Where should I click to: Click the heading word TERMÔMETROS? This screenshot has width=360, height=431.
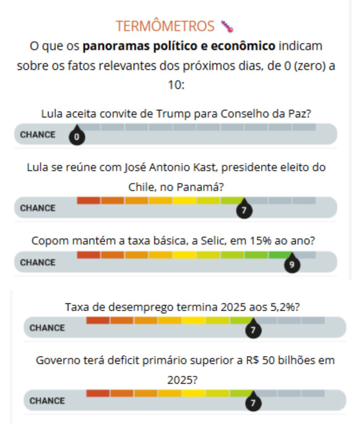click(165, 26)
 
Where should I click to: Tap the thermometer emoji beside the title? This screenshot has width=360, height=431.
click(227, 27)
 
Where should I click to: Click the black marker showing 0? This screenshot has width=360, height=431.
click(77, 136)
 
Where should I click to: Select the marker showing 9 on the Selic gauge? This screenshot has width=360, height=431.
click(292, 264)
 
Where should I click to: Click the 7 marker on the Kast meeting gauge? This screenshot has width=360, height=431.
click(244, 210)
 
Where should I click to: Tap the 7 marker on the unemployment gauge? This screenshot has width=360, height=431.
click(253, 330)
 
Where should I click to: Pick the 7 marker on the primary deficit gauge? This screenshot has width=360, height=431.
click(253, 403)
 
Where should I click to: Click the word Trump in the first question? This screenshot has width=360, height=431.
click(173, 114)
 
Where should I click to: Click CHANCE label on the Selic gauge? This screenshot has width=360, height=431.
click(38, 262)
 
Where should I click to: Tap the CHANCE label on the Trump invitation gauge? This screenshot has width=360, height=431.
click(38, 135)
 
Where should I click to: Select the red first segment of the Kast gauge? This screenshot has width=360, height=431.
click(89, 201)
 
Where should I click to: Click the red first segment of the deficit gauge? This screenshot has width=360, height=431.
click(98, 393)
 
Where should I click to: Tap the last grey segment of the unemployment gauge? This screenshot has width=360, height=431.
click(313, 320)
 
